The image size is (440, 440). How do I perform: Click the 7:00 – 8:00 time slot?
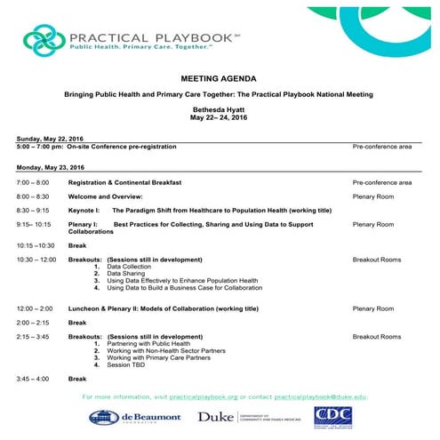click(34, 182)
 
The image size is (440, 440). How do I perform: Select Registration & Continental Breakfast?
click(125, 182)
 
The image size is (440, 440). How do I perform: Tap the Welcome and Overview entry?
click(106, 196)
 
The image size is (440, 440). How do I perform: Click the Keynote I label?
click(84, 210)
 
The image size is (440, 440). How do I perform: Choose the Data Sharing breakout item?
click(125, 273)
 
